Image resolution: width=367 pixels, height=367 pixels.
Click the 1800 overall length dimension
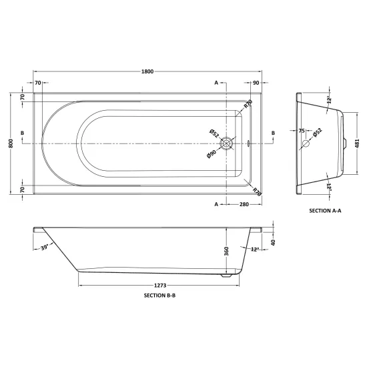[x=147, y=71]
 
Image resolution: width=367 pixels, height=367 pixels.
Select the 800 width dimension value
[x=11, y=143]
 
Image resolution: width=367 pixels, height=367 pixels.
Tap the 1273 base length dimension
[x=160, y=286]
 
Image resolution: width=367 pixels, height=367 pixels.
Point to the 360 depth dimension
[x=226, y=251]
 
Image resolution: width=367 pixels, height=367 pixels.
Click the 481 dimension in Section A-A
[x=357, y=143]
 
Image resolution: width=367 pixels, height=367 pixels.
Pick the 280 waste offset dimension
[x=244, y=204]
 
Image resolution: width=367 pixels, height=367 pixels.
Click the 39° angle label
[x=45, y=247]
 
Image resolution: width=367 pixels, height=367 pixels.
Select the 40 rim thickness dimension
[x=273, y=242]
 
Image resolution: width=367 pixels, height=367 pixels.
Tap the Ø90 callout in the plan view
[x=212, y=154]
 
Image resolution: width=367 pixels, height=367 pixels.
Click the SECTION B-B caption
[x=159, y=296]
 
